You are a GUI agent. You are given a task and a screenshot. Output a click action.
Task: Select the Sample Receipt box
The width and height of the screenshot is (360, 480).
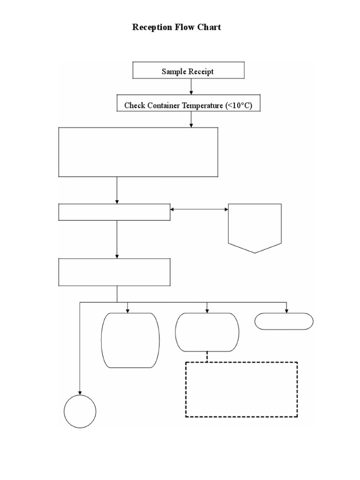(x=188, y=71)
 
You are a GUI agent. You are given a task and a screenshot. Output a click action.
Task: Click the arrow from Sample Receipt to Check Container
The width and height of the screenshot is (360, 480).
(x=191, y=87)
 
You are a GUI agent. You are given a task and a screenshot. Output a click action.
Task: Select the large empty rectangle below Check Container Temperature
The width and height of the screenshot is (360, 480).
(x=138, y=152)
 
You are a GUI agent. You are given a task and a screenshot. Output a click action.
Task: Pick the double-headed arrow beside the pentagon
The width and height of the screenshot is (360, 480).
(x=199, y=210)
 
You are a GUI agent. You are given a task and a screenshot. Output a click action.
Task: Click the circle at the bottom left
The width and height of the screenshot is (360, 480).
(x=80, y=411)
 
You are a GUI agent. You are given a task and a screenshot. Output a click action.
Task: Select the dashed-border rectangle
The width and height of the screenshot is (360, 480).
(x=241, y=389)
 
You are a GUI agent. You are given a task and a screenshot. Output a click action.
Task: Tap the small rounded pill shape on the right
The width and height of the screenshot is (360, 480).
(x=284, y=321)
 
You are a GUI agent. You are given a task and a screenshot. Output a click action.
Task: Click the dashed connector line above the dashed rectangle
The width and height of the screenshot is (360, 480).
(x=207, y=357)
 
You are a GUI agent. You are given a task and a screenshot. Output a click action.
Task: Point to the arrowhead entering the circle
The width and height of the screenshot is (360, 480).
(x=80, y=392)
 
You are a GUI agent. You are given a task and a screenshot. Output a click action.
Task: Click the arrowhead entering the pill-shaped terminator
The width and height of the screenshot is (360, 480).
(x=286, y=310)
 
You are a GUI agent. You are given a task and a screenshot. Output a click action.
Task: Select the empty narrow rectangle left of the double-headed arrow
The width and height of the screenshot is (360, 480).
(x=114, y=212)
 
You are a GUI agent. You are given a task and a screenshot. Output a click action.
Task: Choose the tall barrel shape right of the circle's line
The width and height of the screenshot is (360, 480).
(x=130, y=340)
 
